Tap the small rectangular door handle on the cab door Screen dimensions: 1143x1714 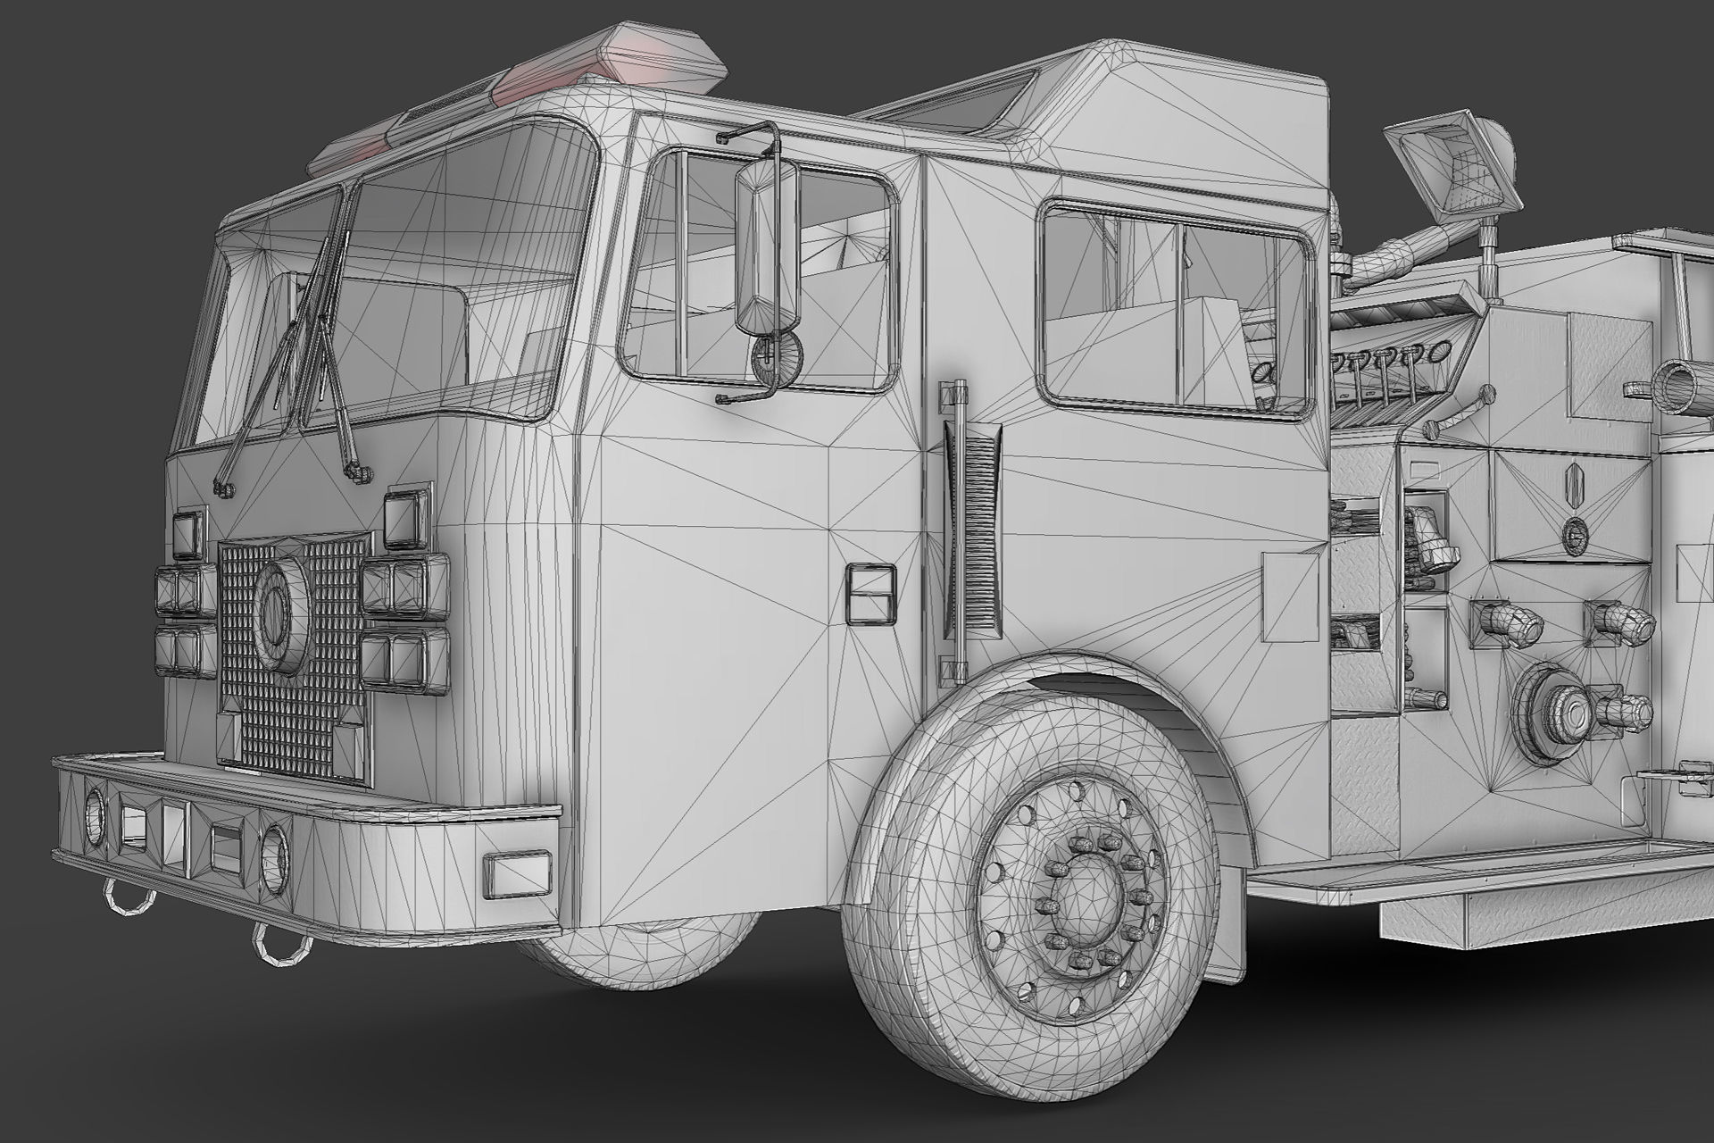[x=870, y=593]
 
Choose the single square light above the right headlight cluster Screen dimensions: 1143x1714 [x=407, y=516]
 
